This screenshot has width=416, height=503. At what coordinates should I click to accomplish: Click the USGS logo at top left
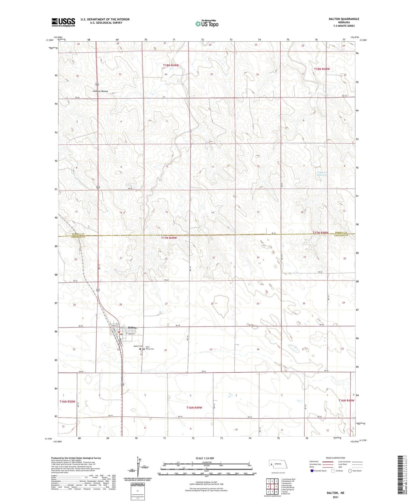click(63, 22)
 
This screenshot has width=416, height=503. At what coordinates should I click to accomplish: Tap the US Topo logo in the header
click(207, 24)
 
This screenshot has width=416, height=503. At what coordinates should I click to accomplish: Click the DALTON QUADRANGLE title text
click(344, 19)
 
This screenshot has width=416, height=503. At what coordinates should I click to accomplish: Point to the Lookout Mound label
click(100, 91)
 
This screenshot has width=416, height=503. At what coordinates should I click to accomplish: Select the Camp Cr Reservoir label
click(322, 174)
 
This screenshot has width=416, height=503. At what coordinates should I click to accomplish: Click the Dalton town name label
click(132, 327)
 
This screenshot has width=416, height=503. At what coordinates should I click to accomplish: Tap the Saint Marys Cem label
click(149, 348)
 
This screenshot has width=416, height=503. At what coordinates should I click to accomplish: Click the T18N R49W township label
click(171, 65)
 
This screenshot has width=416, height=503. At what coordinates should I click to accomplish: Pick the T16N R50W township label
click(67, 401)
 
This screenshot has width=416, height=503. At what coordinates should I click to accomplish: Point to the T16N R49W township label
click(194, 408)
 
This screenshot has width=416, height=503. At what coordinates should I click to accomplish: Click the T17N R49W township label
click(169, 238)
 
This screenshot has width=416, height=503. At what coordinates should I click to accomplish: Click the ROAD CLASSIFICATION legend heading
click(335, 458)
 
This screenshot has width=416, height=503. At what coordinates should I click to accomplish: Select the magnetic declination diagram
click(138, 469)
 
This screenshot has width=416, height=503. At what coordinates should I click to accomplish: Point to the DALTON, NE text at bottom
click(335, 493)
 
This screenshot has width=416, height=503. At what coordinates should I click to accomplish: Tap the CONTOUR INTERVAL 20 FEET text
click(206, 482)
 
